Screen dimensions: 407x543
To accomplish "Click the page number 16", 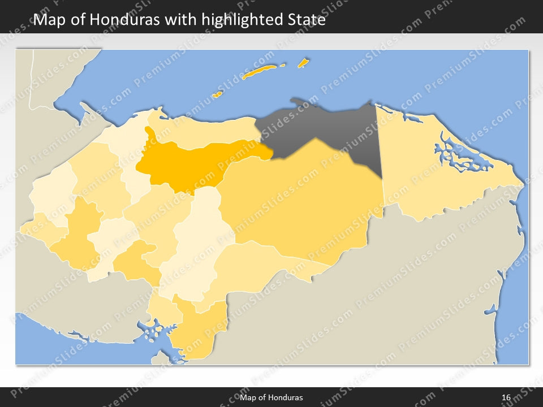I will click(x=506, y=398).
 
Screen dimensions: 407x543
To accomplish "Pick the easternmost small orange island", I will click(x=303, y=62).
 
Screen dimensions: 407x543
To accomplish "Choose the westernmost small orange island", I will click(x=217, y=94).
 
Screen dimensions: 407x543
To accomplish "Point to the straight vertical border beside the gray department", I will click(x=379, y=141).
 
